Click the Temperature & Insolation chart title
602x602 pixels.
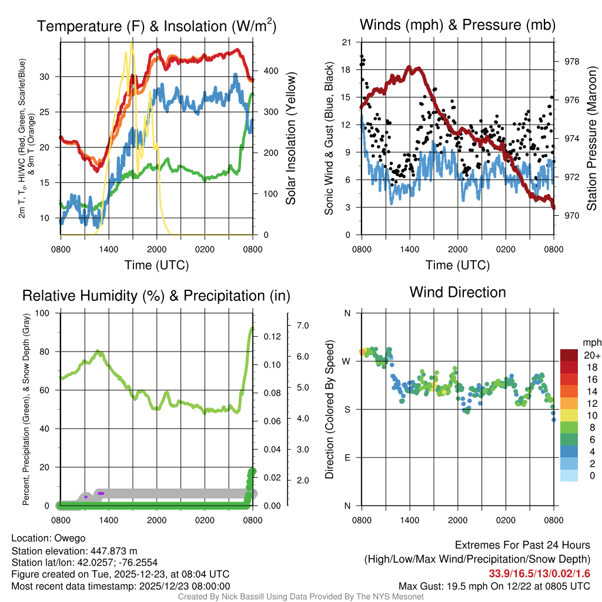pos(157,26)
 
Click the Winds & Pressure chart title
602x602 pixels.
pos(457,25)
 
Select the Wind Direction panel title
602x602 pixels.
pos(457,292)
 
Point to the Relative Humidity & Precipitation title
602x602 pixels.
pos(156,296)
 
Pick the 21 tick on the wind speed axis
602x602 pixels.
pos(346,42)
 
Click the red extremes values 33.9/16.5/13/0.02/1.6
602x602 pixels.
pos(539,573)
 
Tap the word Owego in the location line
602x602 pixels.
pos(70,538)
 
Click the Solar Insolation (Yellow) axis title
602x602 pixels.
pos(290,138)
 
